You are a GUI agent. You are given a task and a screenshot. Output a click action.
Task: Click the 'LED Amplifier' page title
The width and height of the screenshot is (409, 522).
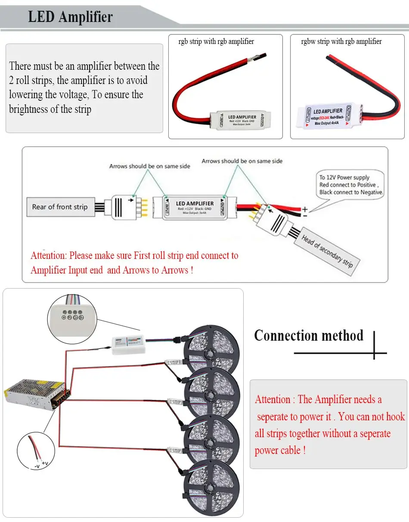point(70,17)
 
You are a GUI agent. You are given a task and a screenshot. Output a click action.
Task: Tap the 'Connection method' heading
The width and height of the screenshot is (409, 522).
point(309,336)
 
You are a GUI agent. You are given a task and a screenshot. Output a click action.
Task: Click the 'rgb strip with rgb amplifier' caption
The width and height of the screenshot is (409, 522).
point(216,42)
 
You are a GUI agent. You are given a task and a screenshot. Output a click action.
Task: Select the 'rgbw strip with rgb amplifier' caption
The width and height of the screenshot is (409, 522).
point(341,42)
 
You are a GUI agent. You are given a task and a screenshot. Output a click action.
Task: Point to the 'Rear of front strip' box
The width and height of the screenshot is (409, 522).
point(59,207)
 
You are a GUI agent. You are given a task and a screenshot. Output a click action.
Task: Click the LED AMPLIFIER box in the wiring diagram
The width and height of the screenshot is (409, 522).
point(195,206)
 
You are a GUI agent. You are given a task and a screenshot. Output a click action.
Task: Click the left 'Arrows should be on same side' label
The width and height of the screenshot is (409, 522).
point(149,166)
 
